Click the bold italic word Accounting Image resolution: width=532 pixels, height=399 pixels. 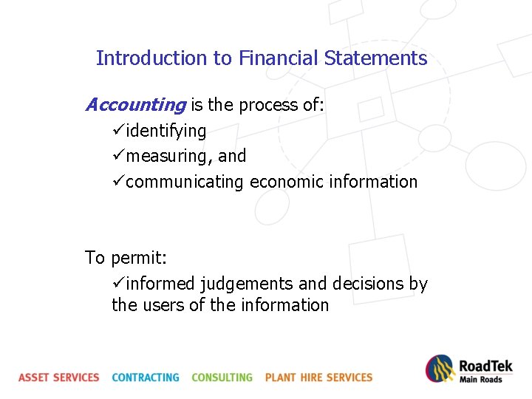tap(135, 106)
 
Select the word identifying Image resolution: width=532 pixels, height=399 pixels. tap(166, 132)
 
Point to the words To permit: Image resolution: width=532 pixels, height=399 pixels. tap(126, 259)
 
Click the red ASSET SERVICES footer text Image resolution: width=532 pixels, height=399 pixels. tap(59, 378)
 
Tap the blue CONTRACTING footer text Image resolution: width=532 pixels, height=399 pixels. tap(146, 378)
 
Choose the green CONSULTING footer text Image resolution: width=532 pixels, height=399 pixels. tap(222, 378)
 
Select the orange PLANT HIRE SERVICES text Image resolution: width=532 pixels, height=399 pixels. tap(318, 378)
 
